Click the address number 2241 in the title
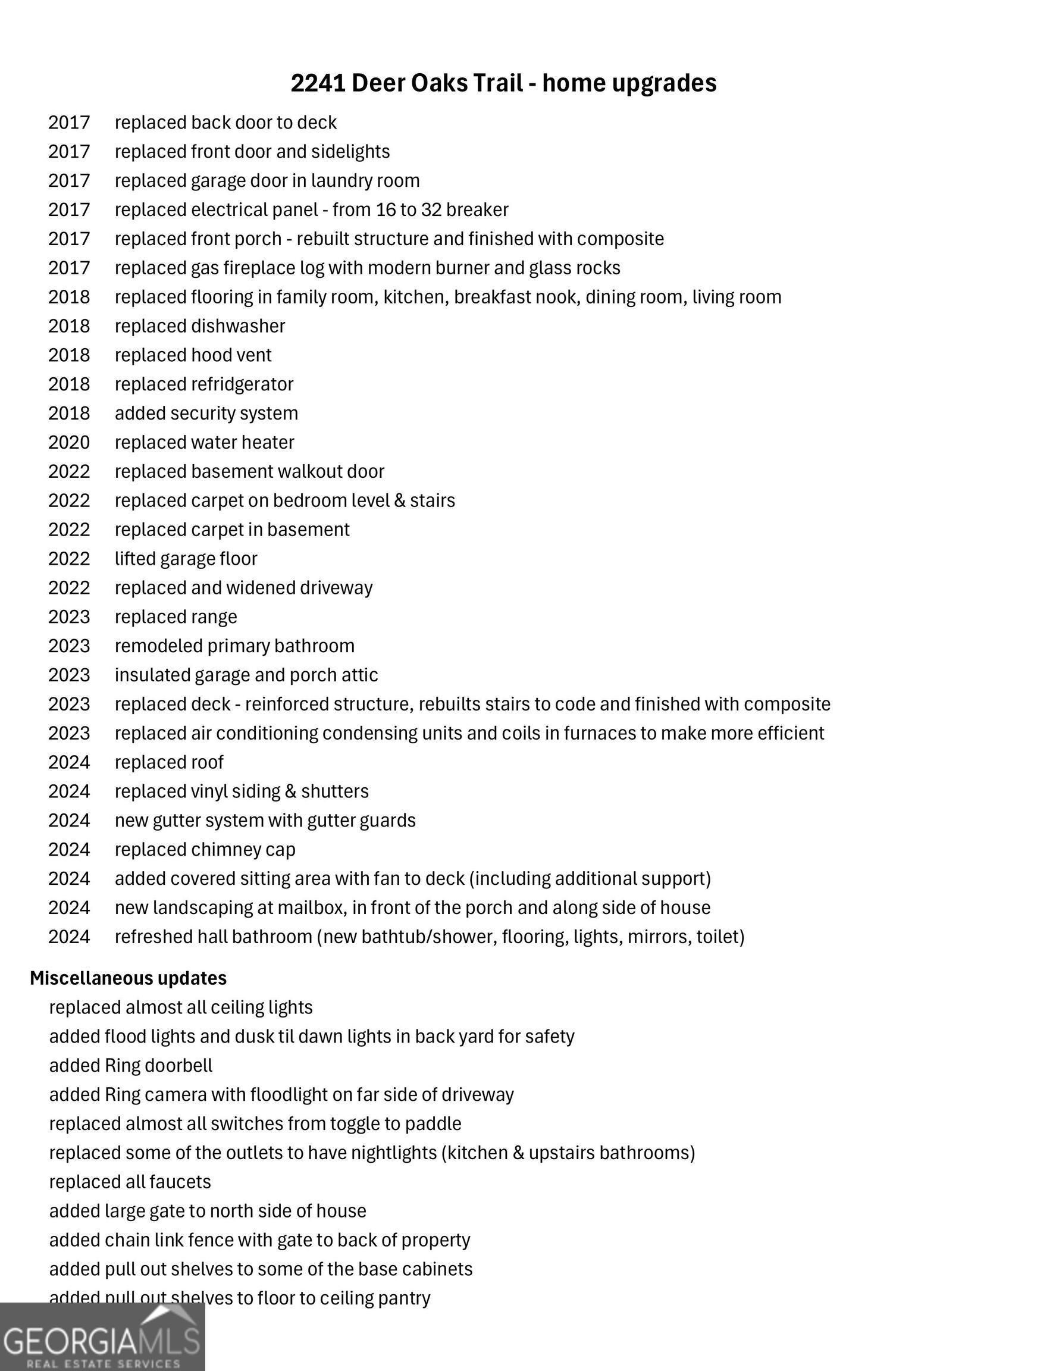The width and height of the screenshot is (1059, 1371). click(318, 83)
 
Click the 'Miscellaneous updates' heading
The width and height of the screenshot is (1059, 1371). click(128, 978)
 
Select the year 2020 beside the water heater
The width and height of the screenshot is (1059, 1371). click(69, 443)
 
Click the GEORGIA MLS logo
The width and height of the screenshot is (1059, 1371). click(102, 1337)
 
